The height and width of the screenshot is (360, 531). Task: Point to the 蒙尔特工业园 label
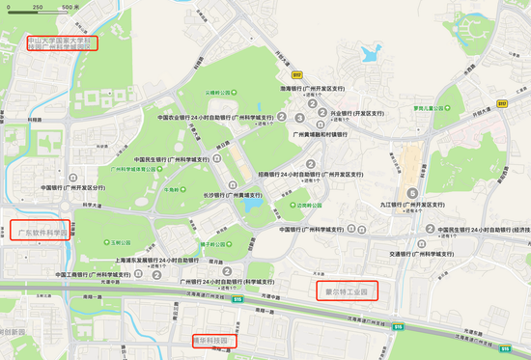pyautogui.click(x=346, y=289)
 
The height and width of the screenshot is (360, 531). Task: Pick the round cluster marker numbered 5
pyautogui.click(x=412, y=192)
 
